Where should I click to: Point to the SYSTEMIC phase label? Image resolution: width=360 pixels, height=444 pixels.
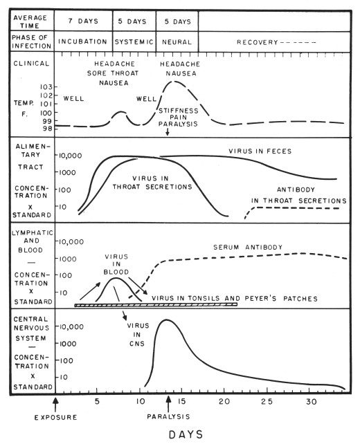tap(134, 40)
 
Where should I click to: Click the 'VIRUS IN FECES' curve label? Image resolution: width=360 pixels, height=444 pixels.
tap(260, 151)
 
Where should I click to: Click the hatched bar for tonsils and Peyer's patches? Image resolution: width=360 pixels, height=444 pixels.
tap(156, 304)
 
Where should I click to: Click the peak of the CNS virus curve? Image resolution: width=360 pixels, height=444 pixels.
tap(164, 320)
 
